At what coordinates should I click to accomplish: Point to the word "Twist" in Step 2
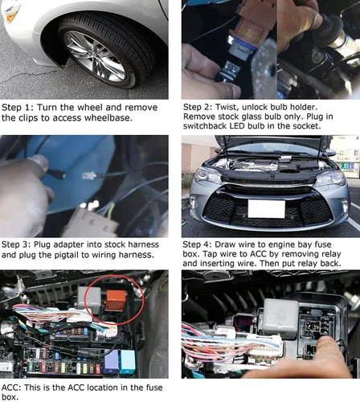coord(233,106)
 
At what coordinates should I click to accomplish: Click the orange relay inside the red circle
coord(110,303)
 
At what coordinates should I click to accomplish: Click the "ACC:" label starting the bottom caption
coord(14,385)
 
